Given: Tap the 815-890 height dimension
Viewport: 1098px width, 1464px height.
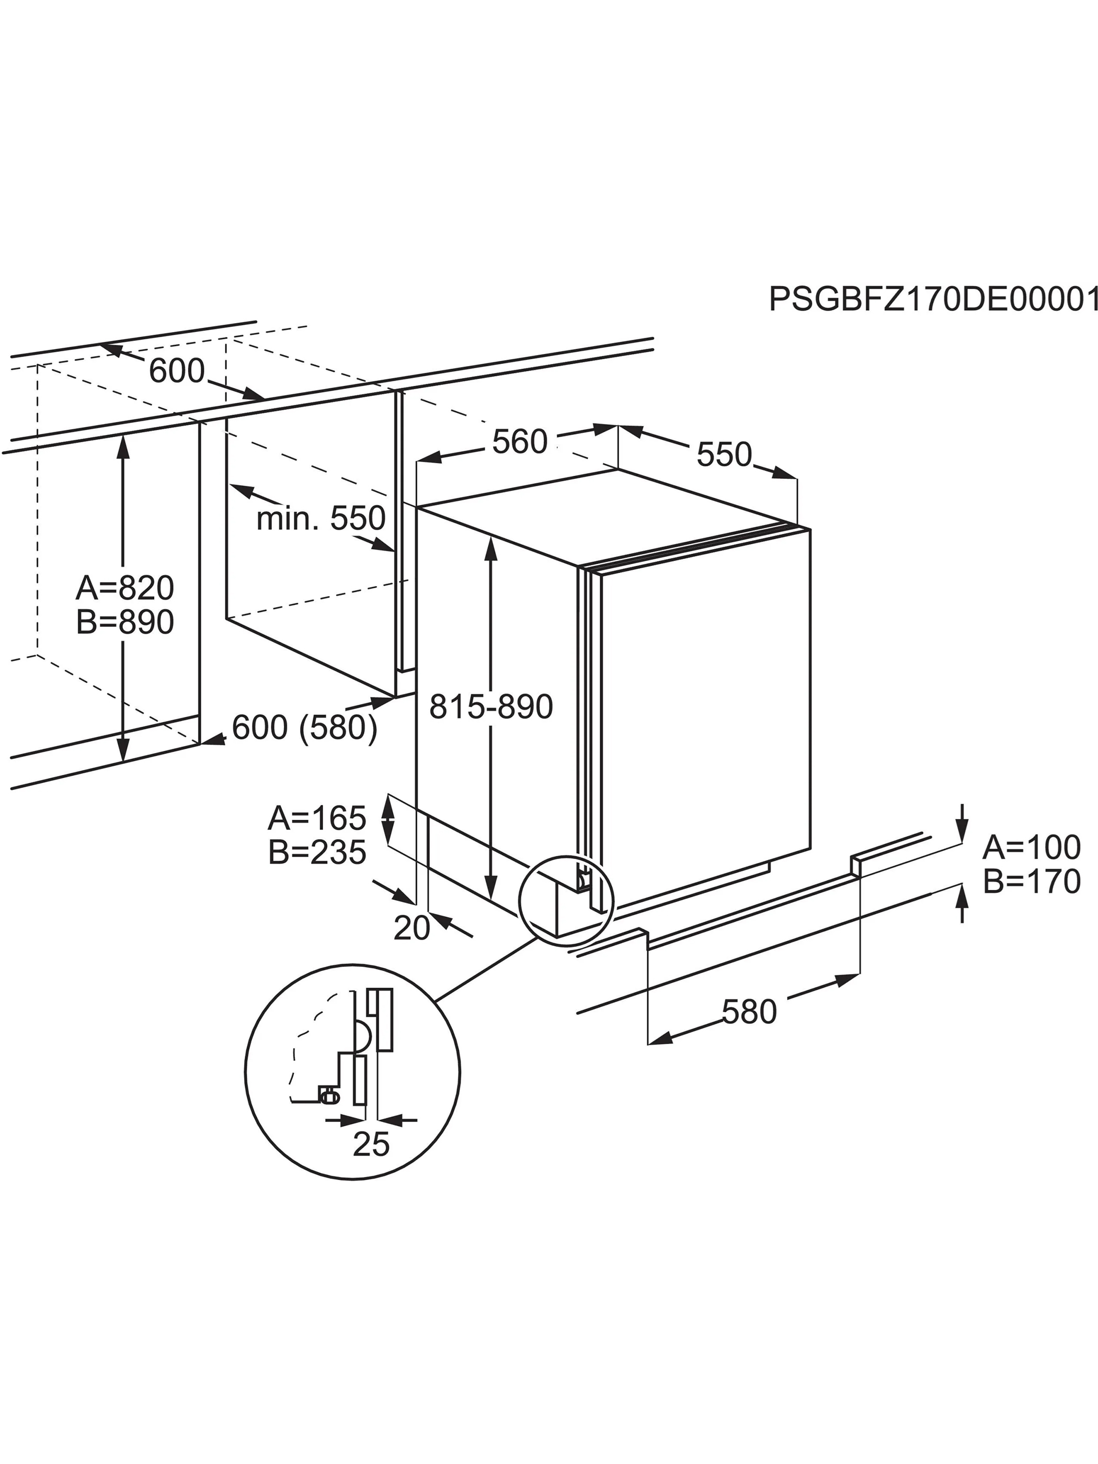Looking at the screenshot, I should pos(491,707).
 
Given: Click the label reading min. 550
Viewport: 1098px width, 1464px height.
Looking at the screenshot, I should pos(321,518).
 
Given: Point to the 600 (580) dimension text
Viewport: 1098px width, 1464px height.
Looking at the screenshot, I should pos(304,728).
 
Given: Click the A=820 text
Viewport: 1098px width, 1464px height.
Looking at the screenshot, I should pos(125,587).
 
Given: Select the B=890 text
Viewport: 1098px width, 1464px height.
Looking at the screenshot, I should pos(125,622).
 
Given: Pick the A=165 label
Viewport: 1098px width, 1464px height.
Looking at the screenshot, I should pos(317,818).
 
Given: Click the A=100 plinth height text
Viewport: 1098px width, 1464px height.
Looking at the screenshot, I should pos(1032,847).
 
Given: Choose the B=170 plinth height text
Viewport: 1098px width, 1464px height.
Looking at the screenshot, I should pos(1032,882).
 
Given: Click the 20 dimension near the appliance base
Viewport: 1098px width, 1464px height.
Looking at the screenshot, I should pos(411,929).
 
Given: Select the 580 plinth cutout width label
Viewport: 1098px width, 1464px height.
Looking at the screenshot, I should pos(749,1012).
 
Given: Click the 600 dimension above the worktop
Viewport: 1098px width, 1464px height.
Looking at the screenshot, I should pos(177,371).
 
